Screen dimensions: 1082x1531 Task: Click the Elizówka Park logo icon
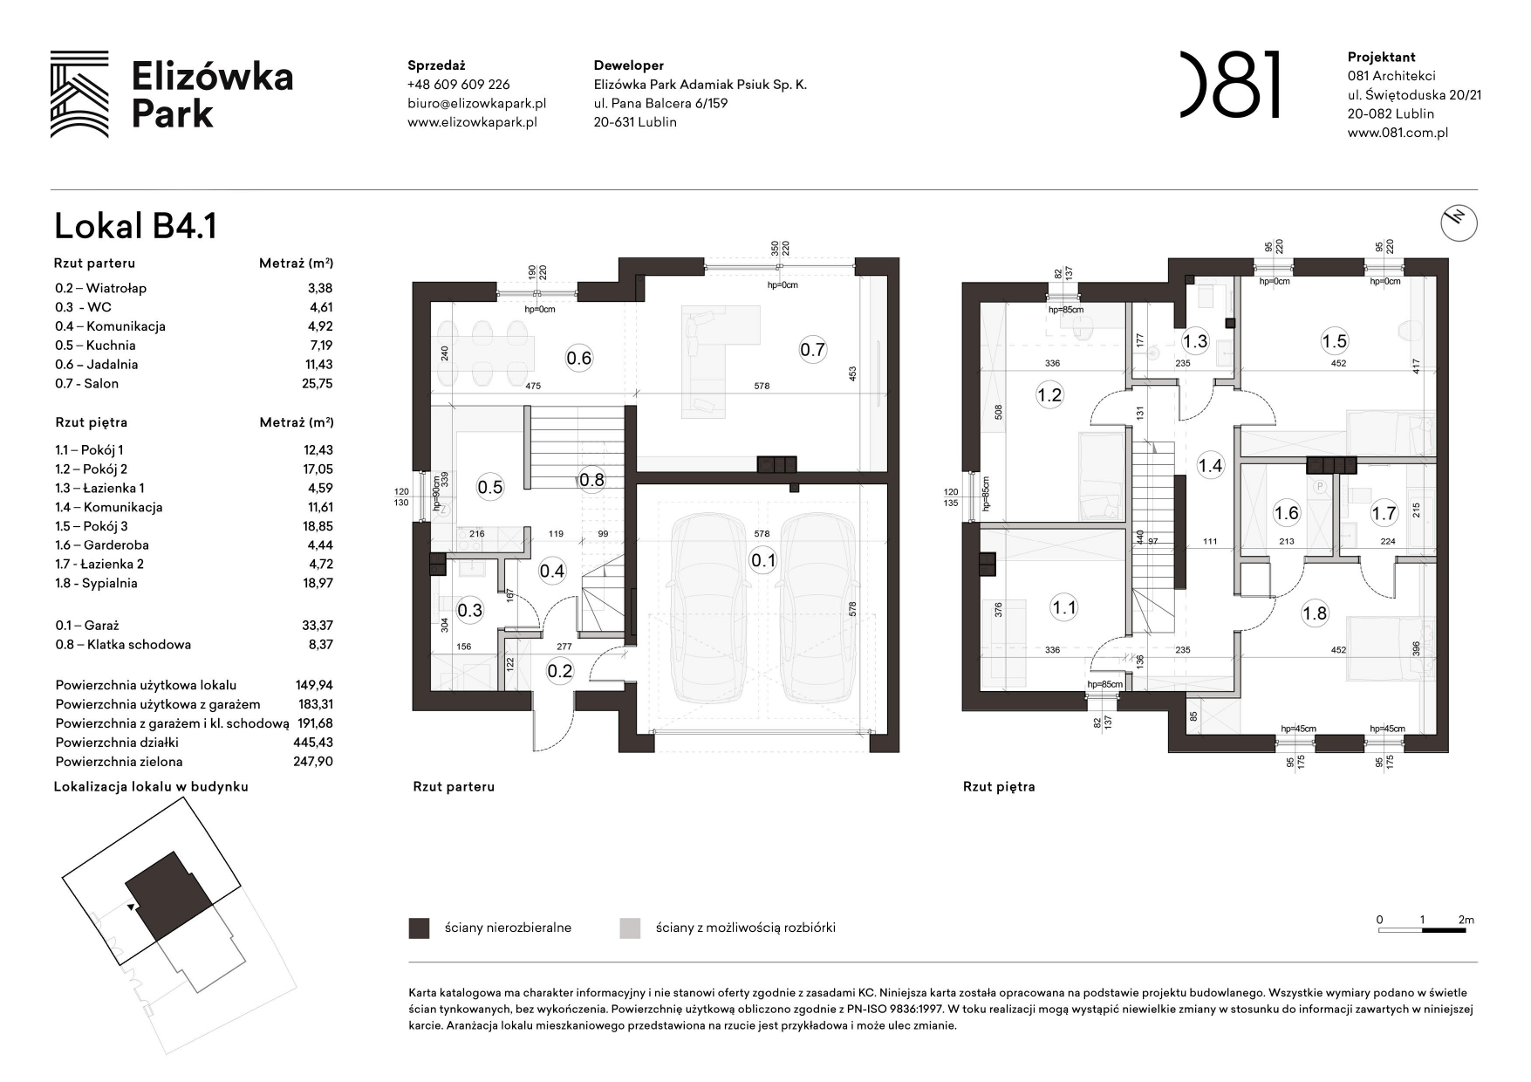click(x=79, y=94)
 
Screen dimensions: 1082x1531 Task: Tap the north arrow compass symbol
click(x=1458, y=223)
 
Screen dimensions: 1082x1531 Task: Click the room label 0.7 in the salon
click(x=811, y=350)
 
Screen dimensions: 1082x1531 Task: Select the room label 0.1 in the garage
click(x=762, y=560)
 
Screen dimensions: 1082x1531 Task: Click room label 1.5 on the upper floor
click(x=1334, y=342)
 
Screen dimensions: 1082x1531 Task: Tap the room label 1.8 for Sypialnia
click(x=1314, y=613)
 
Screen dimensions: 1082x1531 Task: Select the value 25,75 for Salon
click(x=318, y=384)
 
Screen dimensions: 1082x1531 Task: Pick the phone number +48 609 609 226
click(x=458, y=85)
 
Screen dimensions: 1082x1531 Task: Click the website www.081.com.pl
click(x=1398, y=133)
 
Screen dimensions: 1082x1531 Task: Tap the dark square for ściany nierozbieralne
click(x=419, y=928)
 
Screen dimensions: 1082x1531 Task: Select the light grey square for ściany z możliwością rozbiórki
click(x=629, y=928)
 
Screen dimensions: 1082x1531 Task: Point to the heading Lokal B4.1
click(x=135, y=226)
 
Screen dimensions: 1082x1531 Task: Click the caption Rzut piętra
click(x=999, y=787)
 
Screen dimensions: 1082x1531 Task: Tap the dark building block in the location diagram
click(x=169, y=895)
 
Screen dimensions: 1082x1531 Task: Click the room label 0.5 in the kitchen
click(x=490, y=487)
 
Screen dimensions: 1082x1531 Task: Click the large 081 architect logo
click(x=1230, y=85)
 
